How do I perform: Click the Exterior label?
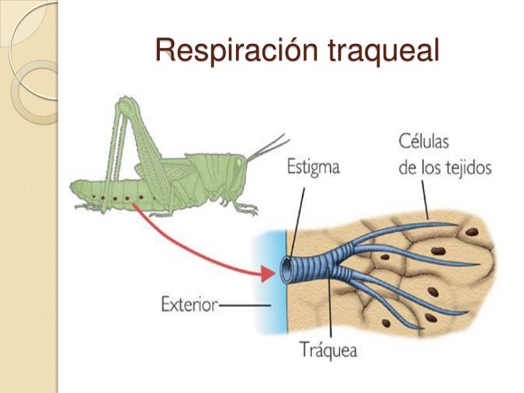[188, 305]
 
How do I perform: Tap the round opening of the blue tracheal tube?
[287, 270]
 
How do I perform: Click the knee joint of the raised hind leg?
[125, 101]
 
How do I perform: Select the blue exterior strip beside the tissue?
[268, 288]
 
